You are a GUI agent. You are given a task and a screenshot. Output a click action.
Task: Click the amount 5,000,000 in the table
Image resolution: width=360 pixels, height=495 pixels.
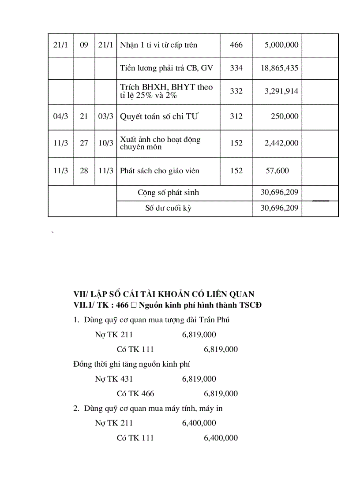[281, 45]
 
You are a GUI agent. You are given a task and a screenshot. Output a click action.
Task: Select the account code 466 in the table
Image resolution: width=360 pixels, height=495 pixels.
[236, 45]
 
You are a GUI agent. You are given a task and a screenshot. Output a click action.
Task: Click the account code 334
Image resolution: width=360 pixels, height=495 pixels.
[236, 68]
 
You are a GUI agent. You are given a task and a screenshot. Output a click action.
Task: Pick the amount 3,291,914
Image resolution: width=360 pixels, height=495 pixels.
[281, 91]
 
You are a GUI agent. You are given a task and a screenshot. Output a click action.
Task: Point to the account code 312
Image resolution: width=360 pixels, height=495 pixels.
[236, 116]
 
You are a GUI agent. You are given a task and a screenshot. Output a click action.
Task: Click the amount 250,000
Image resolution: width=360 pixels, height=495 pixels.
[285, 116]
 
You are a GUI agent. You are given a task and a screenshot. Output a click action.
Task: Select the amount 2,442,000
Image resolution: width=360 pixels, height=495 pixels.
[281, 143]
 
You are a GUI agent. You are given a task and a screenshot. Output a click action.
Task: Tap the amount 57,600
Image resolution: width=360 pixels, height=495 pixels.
[277, 171]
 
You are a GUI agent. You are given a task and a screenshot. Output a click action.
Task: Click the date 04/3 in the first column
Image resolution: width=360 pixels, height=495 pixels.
[60, 116]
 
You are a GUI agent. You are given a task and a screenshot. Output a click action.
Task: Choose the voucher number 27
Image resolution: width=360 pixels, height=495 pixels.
[84, 143]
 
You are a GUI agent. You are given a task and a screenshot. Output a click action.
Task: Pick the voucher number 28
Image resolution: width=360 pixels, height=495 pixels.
[84, 171]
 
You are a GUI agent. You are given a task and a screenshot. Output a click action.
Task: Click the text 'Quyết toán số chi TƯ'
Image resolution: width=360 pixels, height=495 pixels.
[160, 116]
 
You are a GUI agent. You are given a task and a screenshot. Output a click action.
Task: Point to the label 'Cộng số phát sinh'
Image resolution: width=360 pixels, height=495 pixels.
[168, 193]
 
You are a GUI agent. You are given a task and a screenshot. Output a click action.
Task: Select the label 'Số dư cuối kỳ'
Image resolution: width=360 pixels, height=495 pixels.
[168, 208]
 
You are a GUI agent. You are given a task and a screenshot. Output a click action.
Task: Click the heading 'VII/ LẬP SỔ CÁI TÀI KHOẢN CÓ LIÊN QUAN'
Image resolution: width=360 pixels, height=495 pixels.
[164, 294]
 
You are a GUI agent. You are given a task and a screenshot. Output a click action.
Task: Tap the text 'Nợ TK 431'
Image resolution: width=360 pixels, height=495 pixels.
[114, 379]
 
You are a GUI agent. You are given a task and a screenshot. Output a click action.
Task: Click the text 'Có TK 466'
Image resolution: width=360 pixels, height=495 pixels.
[135, 394]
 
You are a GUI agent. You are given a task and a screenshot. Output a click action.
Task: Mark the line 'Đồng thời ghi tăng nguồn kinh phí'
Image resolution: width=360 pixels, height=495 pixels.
[131, 364]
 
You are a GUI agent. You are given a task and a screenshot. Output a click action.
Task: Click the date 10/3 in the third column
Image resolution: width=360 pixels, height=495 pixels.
[106, 143]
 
